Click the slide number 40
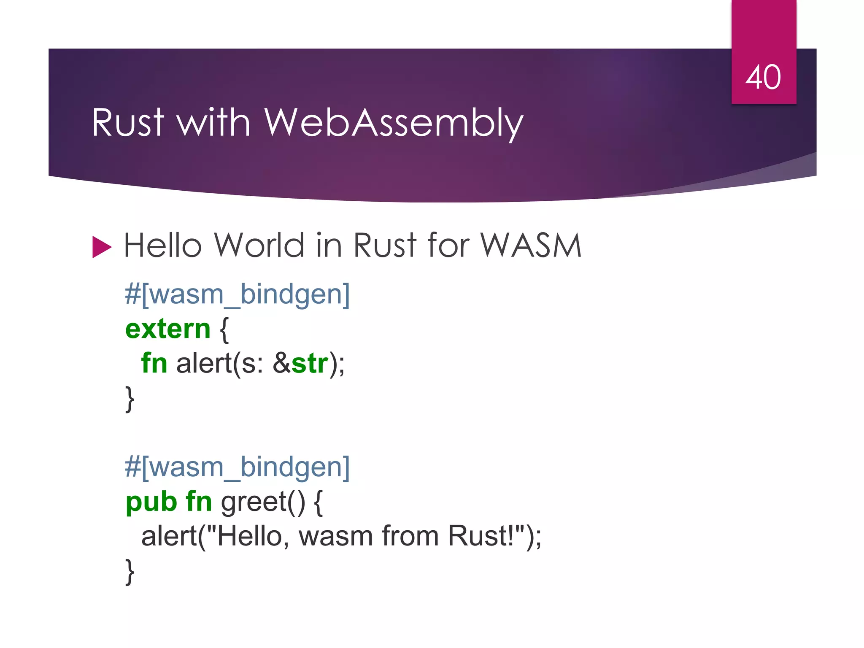[x=763, y=77]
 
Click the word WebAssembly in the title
[x=393, y=123]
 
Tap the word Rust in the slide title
[x=127, y=123]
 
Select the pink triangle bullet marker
[x=102, y=247]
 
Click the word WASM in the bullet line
[x=531, y=246]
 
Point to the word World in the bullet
[x=259, y=246]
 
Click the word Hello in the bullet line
[x=162, y=246]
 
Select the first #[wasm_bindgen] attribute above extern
[x=237, y=294]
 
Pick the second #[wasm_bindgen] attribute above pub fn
[x=237, y=467]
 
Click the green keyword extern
[x=167, y=329]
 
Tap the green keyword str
[x=309, y=363]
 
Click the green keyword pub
[x=151, y=502]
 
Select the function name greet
[x=254, y=502]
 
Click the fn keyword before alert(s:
[x=154, y=363]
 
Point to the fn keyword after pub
[x=199, y=502]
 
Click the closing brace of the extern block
[x=130, y=399]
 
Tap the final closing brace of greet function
[x=130, y=572]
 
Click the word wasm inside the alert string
[x=335, y=536]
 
